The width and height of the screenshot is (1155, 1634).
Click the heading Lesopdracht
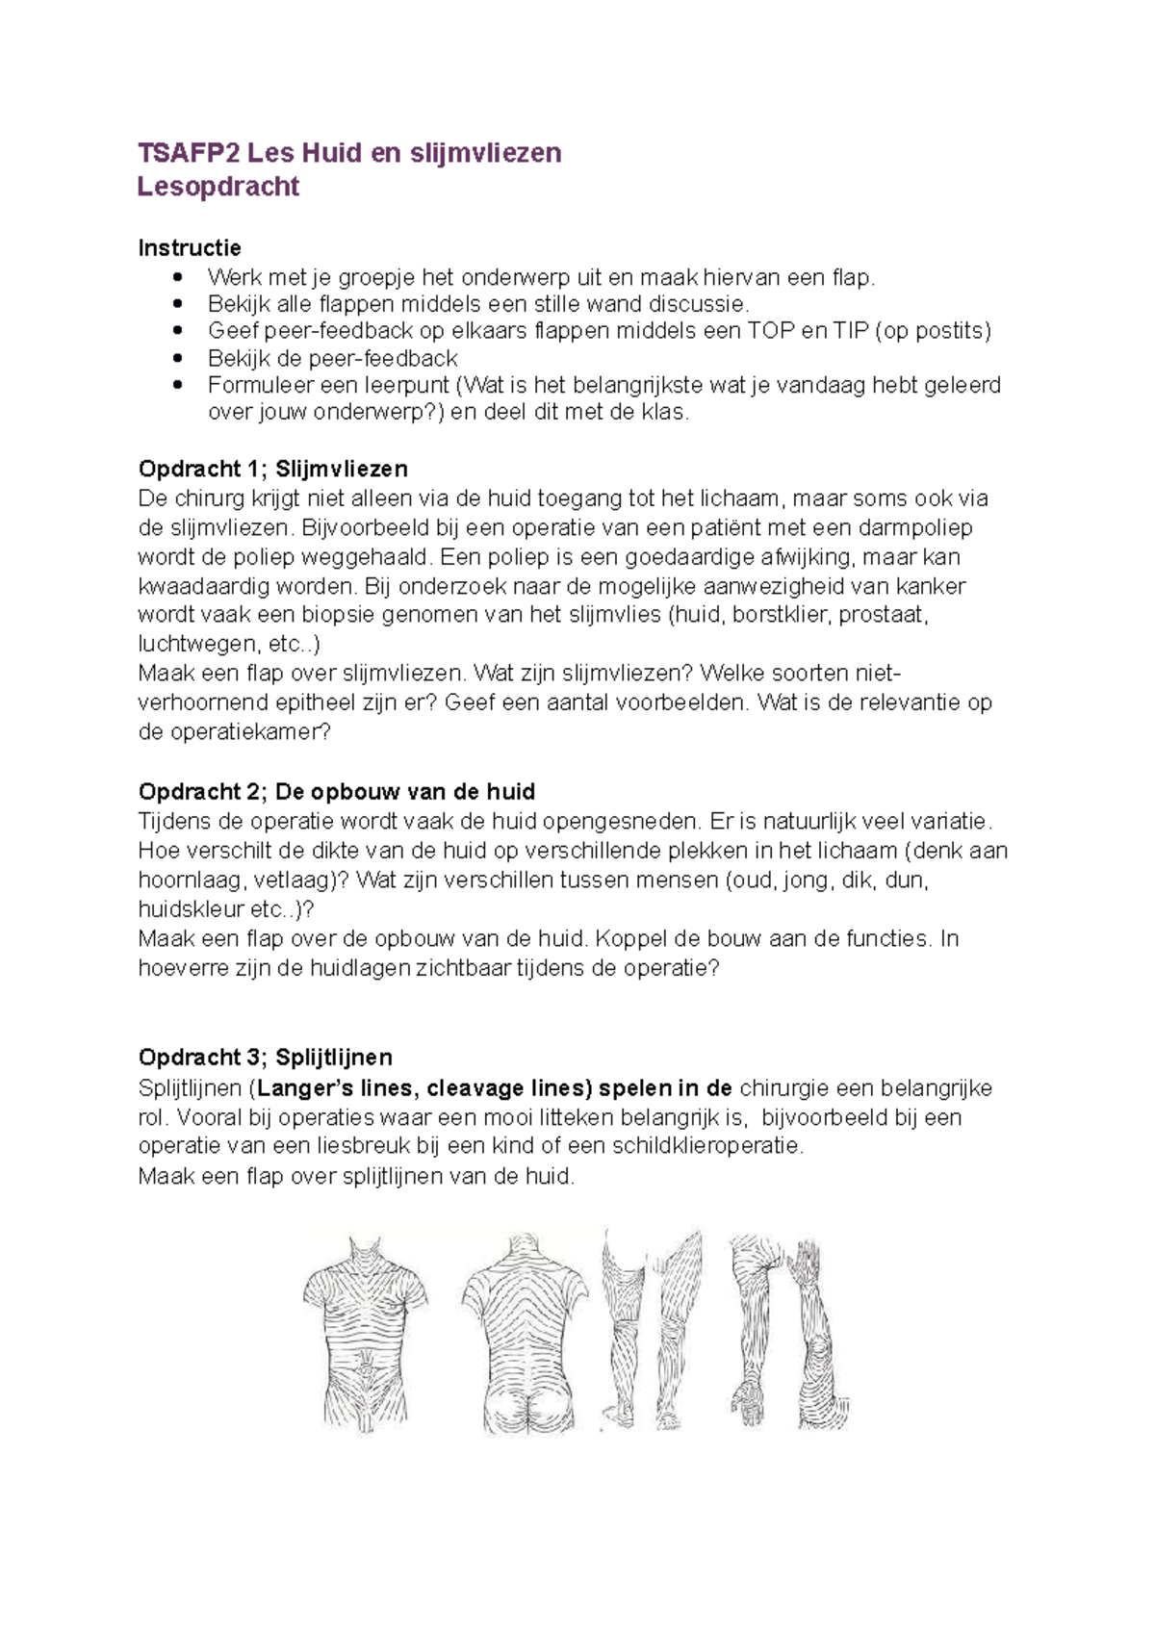coord(218,187)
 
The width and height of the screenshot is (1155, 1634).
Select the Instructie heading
coord(190,248)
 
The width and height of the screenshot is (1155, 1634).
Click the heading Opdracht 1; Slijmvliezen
coord(273,469)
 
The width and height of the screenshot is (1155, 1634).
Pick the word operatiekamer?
coord(247,731)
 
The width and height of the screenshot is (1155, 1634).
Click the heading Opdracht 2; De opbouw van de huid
coord(337,792)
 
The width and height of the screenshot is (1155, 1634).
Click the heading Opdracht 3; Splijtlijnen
coord(266,1058)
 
